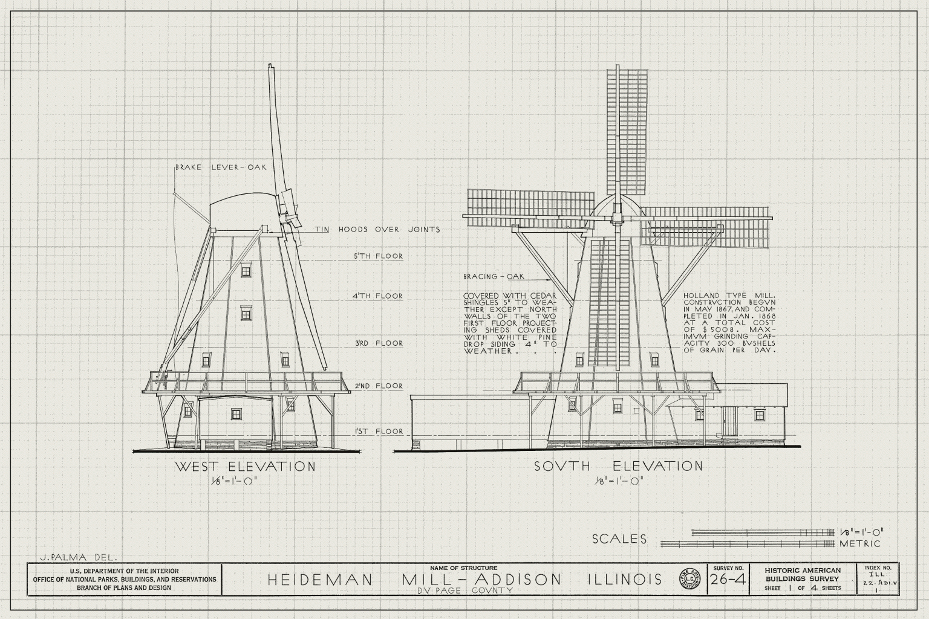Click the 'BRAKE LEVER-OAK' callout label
[x=221, y=167]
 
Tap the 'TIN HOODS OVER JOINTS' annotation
[x=377, y=229]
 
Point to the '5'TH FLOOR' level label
[x=378, y=256]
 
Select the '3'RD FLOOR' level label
[x=378, y=343]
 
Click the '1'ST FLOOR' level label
[x=379, y=431]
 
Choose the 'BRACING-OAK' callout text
[x=494, y=276]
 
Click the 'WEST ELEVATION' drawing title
[x=245, y=467]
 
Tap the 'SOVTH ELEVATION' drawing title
[x=618, y=467]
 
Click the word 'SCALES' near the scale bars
[x=619, y=539]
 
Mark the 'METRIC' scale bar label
[x=859, y=543]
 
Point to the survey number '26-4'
[x=728, y=579]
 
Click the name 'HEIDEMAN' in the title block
[x=320, y=579]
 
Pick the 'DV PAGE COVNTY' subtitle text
[x=466, y=591]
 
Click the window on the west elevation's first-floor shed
[x=236, y=413]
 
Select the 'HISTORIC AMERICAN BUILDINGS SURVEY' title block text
[x=803, y=575]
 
